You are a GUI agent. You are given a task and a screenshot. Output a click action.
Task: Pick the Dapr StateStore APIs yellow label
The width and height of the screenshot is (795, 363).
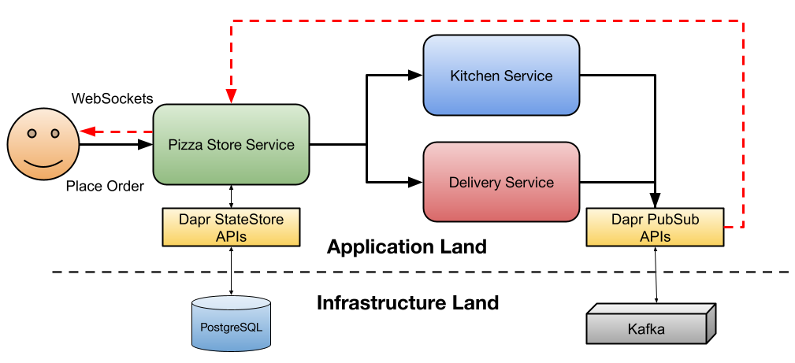[x=231, y=228]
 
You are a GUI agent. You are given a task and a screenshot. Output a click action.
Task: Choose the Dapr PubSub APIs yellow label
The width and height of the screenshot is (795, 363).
[x=655, y=228]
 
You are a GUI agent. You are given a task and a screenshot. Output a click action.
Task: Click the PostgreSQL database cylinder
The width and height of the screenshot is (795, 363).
[x=231, y=324]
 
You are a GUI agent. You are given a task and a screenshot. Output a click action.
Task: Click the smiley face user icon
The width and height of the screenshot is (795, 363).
[x=43, y=144]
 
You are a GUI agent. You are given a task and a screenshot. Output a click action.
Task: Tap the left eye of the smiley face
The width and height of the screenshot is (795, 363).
[x=32, y=134]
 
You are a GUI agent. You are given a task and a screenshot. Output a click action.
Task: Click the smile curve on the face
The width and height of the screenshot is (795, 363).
[x=43, y=163]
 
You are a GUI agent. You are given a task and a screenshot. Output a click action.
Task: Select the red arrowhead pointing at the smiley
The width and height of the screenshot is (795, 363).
[x=87, y=131]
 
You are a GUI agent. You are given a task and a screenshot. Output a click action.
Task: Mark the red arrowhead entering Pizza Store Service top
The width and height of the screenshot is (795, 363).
[x=231, y=96]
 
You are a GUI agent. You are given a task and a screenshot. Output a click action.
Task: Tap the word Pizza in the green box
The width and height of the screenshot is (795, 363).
[x=184, y=145]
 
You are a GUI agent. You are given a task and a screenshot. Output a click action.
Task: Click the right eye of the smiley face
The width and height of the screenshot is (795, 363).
[x=55, y=134]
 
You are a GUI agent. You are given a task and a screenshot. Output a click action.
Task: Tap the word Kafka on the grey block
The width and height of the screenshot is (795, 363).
[x=646, y=329]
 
